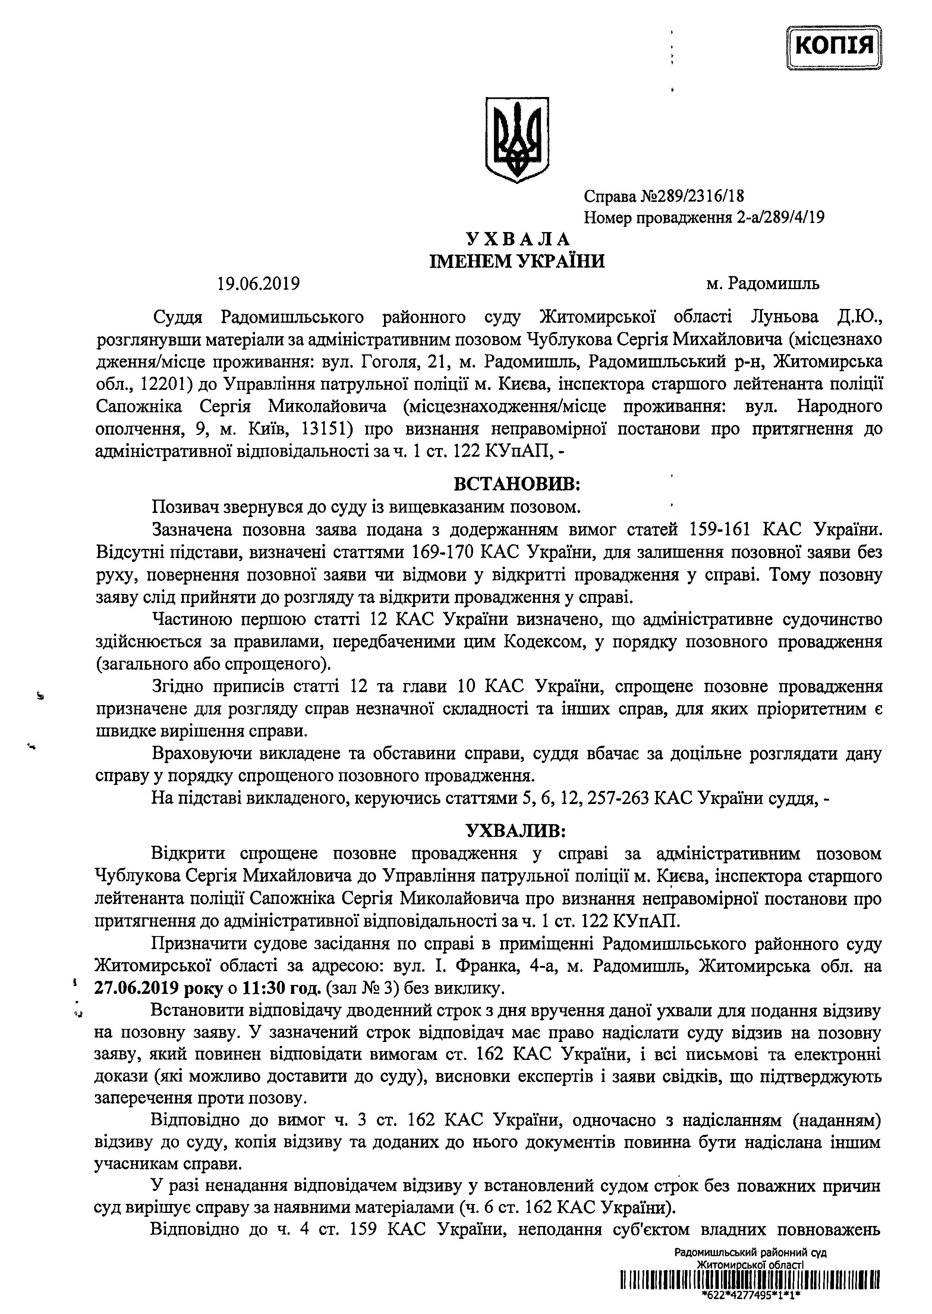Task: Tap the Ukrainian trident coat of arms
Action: pyautogui.click(x=518, y=139)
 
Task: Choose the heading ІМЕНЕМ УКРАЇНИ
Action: pyautogui.click(x=518, y=261)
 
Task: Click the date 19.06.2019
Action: pyautogui.click(x=259, y=284)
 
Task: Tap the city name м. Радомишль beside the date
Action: pyautogui.click(x=763, y=284)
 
